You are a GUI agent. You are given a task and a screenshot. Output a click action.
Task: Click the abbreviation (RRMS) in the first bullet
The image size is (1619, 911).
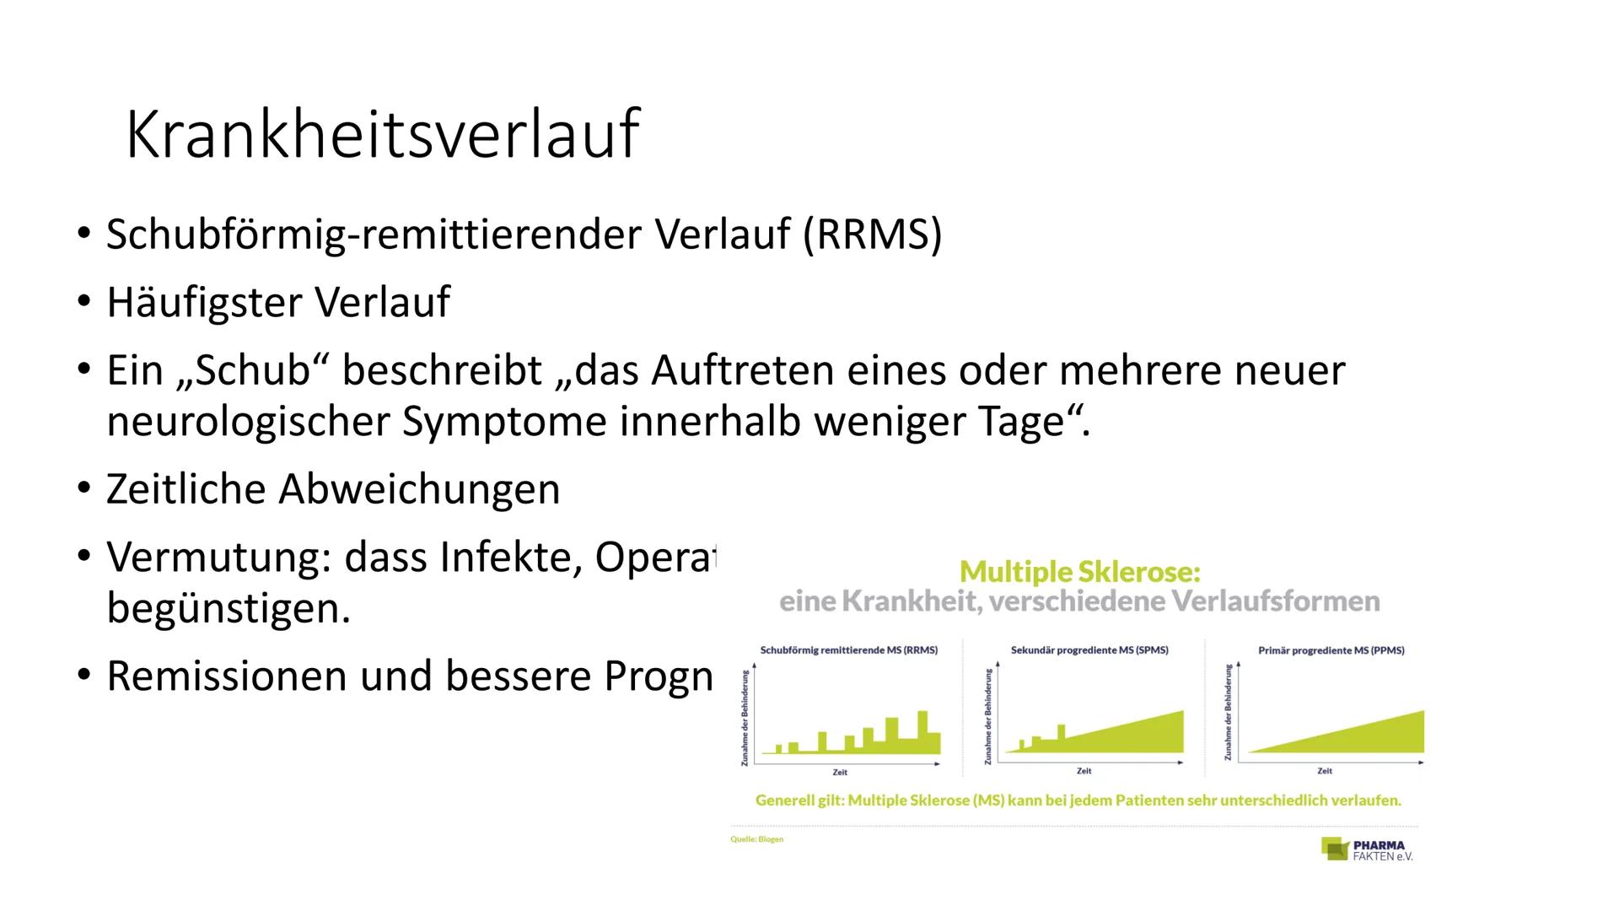coord(872,234)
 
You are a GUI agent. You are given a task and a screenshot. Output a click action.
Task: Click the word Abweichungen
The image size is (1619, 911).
coord(418,489)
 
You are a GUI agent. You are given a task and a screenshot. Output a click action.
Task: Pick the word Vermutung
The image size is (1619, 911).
coord(218,558)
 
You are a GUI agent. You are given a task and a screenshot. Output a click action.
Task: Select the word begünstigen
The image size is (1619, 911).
coord(228,608)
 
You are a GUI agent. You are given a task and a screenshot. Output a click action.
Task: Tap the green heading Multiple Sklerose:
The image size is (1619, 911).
coord(1079,572)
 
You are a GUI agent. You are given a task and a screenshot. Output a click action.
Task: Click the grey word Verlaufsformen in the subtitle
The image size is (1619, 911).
coord(1276,601)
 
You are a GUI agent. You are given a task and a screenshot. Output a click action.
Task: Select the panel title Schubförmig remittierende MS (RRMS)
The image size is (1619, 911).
coord(848,650)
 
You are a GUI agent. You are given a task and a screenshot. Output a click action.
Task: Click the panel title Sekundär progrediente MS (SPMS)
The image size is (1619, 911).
coord(1089,650)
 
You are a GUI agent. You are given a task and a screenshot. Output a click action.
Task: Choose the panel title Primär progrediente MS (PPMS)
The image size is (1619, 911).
coord(1331,650)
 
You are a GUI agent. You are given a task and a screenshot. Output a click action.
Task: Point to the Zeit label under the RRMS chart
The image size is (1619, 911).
coord(840,772)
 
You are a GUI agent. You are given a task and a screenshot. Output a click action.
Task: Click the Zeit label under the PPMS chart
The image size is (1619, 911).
coord(1325,771)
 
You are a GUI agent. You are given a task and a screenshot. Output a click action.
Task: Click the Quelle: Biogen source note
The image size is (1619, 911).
coord(757,839)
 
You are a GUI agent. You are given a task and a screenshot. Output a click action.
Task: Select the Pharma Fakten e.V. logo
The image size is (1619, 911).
coord(1367,849)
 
